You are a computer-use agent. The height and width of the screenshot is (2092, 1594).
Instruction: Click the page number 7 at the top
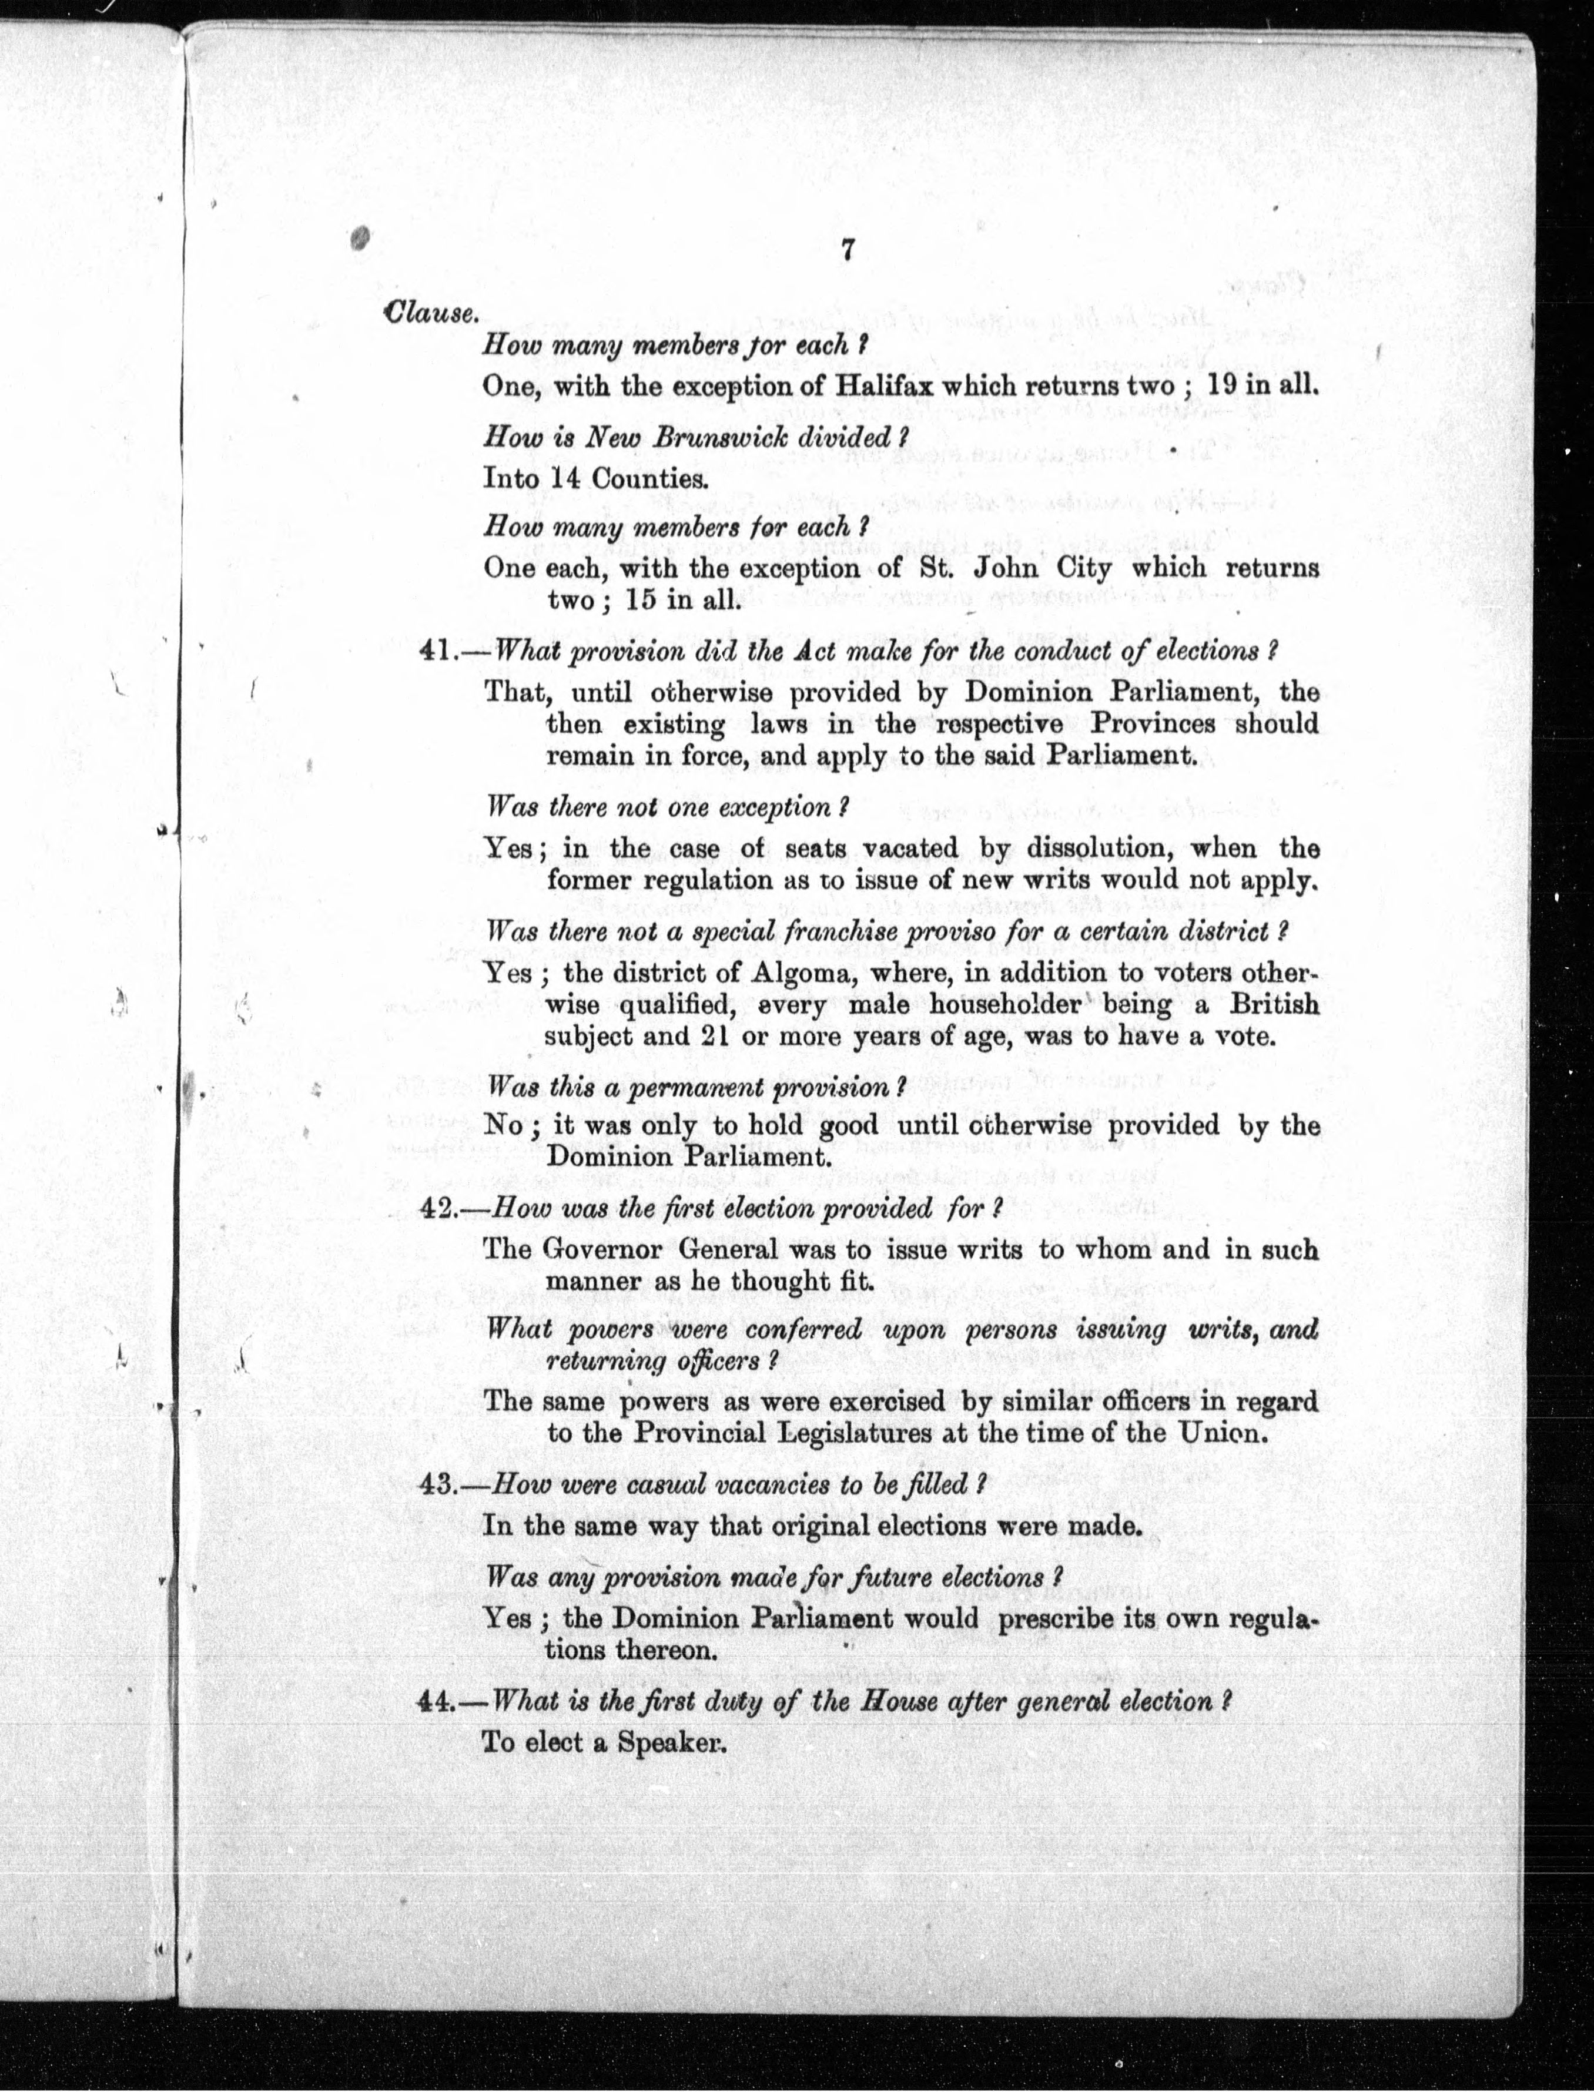848,250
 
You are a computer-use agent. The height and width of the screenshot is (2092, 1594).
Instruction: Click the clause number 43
437,1485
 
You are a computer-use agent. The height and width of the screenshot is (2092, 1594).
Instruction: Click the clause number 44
437,1701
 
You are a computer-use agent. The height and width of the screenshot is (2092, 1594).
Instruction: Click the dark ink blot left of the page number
360,238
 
